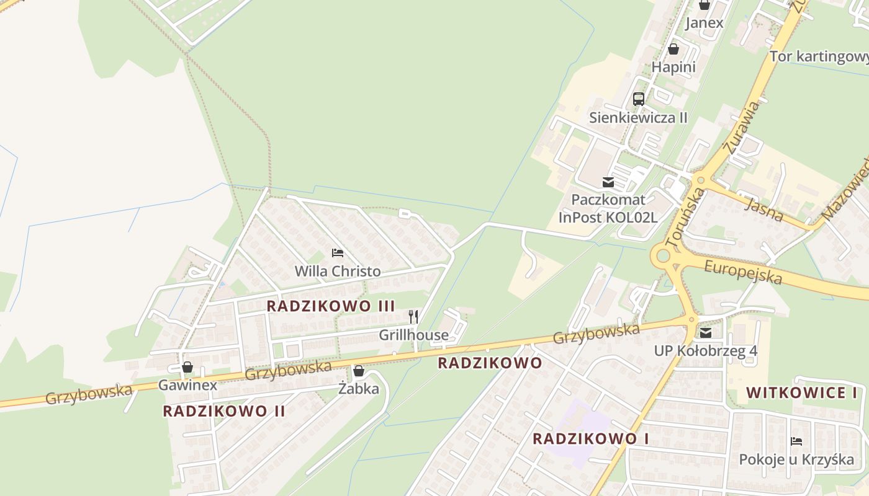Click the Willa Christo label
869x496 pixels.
coord(338,271)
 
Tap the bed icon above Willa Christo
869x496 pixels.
coord(338,253)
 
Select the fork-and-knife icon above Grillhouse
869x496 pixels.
coord(413,317)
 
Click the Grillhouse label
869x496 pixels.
coord(413,335)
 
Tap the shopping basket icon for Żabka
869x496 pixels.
coord(358,371)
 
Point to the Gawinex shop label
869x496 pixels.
coord(187,385)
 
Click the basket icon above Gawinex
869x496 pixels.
coord(187,367)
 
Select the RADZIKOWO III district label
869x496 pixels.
coord(330,306)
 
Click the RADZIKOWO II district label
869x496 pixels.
coord(224,411)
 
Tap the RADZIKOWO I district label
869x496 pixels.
coord(590,439)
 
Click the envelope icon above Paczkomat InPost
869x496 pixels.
coord(608,182)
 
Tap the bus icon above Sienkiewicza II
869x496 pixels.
coord(638,99)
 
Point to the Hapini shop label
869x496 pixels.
coord(673,67)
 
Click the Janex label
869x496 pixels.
coord(704,23)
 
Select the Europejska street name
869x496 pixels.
coord(743,272)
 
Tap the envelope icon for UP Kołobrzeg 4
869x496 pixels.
coord(705,333)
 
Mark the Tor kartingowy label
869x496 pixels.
coord(819,57)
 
